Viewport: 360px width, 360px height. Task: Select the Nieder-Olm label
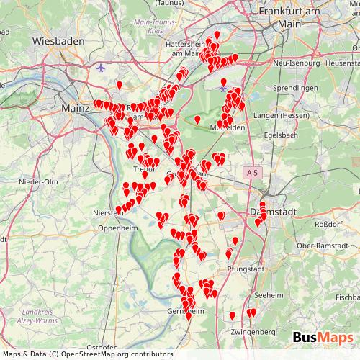tap(40, 181)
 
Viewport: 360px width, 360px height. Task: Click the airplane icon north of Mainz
tap(100, 68)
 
